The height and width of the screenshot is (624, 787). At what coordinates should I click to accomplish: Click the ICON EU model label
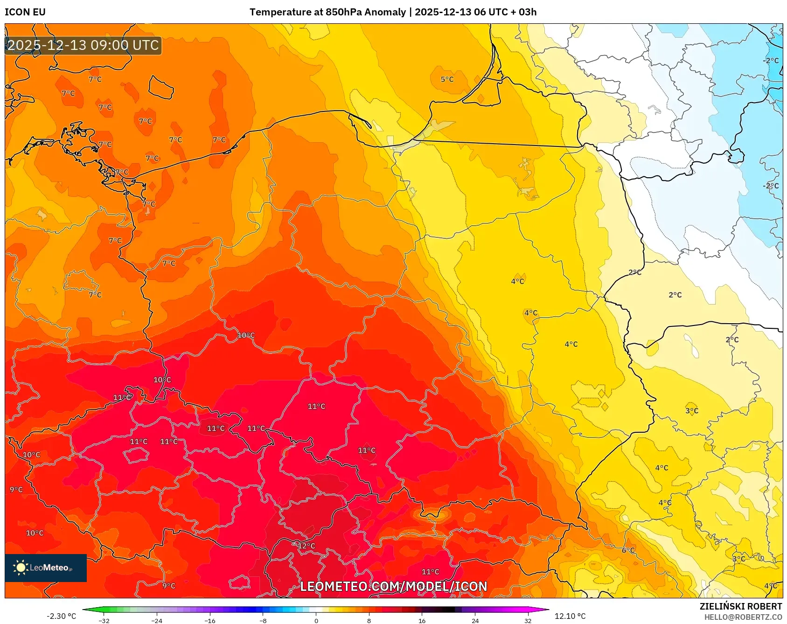click(x=25, y=12)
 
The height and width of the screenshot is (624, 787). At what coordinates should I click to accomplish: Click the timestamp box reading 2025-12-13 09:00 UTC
click(x=83, y=45)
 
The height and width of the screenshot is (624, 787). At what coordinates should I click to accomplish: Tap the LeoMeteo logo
click(x=46, y=568)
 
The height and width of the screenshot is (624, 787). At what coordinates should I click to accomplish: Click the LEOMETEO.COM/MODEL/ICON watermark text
click(x=393, y=586)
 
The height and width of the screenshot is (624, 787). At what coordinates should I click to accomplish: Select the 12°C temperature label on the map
click(x=306, y=546)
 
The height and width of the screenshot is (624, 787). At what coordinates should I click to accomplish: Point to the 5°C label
click(x=447, y=79)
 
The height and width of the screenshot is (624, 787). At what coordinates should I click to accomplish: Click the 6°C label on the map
click(x=628, y=550)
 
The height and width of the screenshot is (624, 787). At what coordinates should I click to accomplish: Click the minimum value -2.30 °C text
click(x=61, y=616)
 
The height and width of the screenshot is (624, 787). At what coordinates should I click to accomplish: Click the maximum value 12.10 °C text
click(x=570, y=616)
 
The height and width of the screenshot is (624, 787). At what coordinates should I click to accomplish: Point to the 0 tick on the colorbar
click(x=316, y=620)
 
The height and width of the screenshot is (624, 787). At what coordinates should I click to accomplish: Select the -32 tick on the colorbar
click(x=104, y=620)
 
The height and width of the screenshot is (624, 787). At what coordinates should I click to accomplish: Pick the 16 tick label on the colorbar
click(x=422, y=620)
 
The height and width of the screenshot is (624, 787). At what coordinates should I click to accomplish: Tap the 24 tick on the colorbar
click(x=475, y=620)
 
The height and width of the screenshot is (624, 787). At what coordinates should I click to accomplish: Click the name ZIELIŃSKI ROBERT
click(x=740, y=606)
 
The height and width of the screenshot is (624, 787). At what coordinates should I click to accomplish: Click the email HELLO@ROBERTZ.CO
click(x=743, y=617)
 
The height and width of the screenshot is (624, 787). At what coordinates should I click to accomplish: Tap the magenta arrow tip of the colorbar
click(x=546, y=609)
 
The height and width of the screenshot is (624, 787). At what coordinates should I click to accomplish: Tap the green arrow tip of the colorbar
click(x=86, y=609)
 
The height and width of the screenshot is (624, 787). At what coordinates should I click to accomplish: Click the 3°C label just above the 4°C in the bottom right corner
click(x=738, y=559)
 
